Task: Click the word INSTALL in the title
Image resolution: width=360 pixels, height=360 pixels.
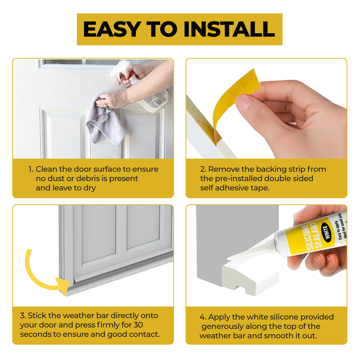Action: click(x=229, y=29)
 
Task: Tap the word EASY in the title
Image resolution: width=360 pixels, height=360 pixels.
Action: click(x=112, y=29)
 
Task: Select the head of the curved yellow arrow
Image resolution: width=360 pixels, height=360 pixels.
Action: click(x=63, y=284)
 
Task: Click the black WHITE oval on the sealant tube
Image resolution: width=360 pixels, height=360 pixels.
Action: click(x=326, y=232)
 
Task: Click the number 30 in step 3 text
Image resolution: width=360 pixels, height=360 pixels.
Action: click(x=138, y=324)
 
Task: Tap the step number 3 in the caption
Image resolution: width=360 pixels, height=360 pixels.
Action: click(x=22, y=315)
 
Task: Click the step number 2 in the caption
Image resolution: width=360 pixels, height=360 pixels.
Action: click(x=203, y=169)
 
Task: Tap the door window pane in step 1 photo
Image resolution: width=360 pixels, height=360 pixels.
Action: click(x=63, y=62)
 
